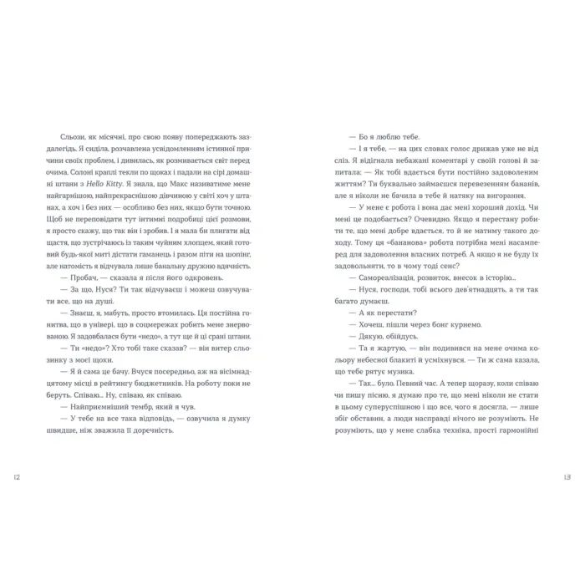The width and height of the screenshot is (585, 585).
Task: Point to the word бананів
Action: point(498,178)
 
